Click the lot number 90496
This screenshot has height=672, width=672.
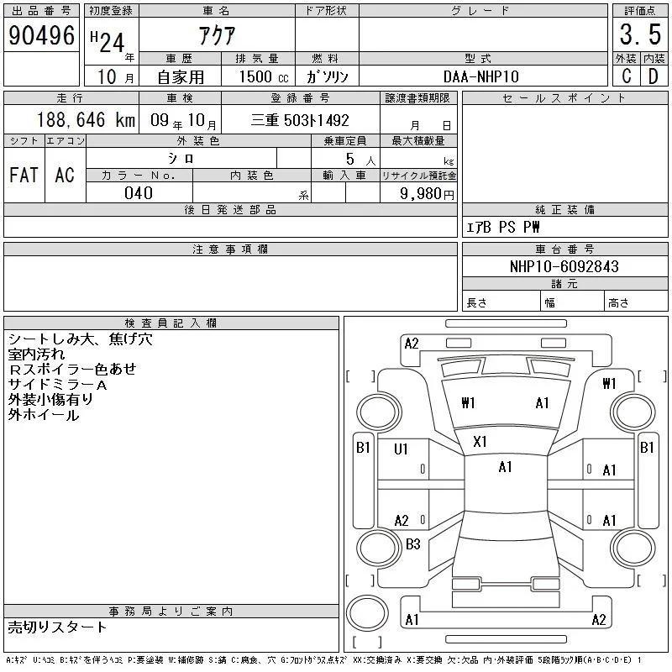click(41, 35)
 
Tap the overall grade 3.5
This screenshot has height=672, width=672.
click(640, 34)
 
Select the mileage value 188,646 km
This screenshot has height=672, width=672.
click(86, 119)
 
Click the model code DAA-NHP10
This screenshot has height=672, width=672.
click(480, 76)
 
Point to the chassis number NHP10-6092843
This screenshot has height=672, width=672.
click(564, 266)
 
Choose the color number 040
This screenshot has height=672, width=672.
click(139, 193)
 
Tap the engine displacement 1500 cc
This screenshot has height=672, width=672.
click(264, 76)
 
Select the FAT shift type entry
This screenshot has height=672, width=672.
click(24, 175)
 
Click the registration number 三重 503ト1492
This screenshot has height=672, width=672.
click(300, 120)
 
